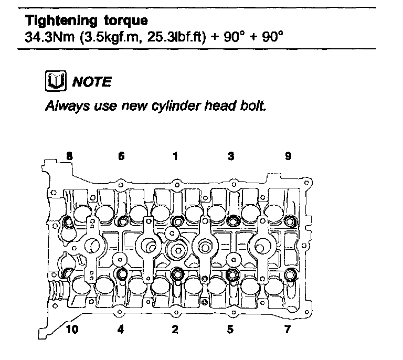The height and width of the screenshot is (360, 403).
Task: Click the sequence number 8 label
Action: point(69,156)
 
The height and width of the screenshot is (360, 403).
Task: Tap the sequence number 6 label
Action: point(121,156)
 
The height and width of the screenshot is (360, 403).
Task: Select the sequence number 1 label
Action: point(175,156)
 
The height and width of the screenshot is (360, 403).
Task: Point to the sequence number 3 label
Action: point(230,156)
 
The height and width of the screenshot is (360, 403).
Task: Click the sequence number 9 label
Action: point(288,156)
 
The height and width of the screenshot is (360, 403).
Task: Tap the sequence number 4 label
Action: point(121,330)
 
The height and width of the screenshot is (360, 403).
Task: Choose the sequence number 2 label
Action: point(175,330)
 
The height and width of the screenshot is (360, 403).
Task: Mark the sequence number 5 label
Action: point(230,330)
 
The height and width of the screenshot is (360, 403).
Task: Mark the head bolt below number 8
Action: point(68,223)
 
